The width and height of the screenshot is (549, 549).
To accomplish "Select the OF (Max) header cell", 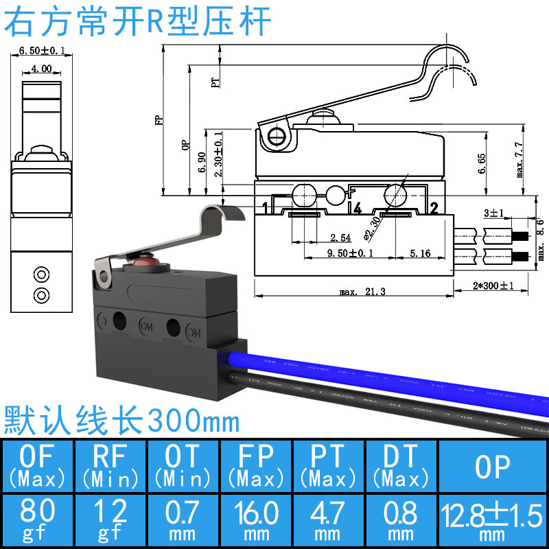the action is pyautogui.click(x=38, y=466).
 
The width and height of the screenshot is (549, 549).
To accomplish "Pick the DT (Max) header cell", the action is pyautogui.click(x=400, y=466).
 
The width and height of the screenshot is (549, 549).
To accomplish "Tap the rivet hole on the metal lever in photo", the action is pyautogui.click(x=105, y=279).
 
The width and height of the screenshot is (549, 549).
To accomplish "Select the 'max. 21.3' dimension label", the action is pyautogui.click(x=362, y=292).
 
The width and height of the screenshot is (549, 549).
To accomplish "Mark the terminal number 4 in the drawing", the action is pyautogui.click(x=357, y=207).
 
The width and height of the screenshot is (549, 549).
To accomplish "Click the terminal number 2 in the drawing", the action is pyautogui.click(x=434, y=207).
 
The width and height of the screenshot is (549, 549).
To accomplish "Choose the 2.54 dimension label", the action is pyautogui.click(x=341, y=238).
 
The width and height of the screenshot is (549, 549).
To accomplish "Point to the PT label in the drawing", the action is pyautogui.click(x=215, y=82).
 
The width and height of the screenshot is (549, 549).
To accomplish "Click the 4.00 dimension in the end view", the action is pyautogui.click(x=40, y=69).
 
